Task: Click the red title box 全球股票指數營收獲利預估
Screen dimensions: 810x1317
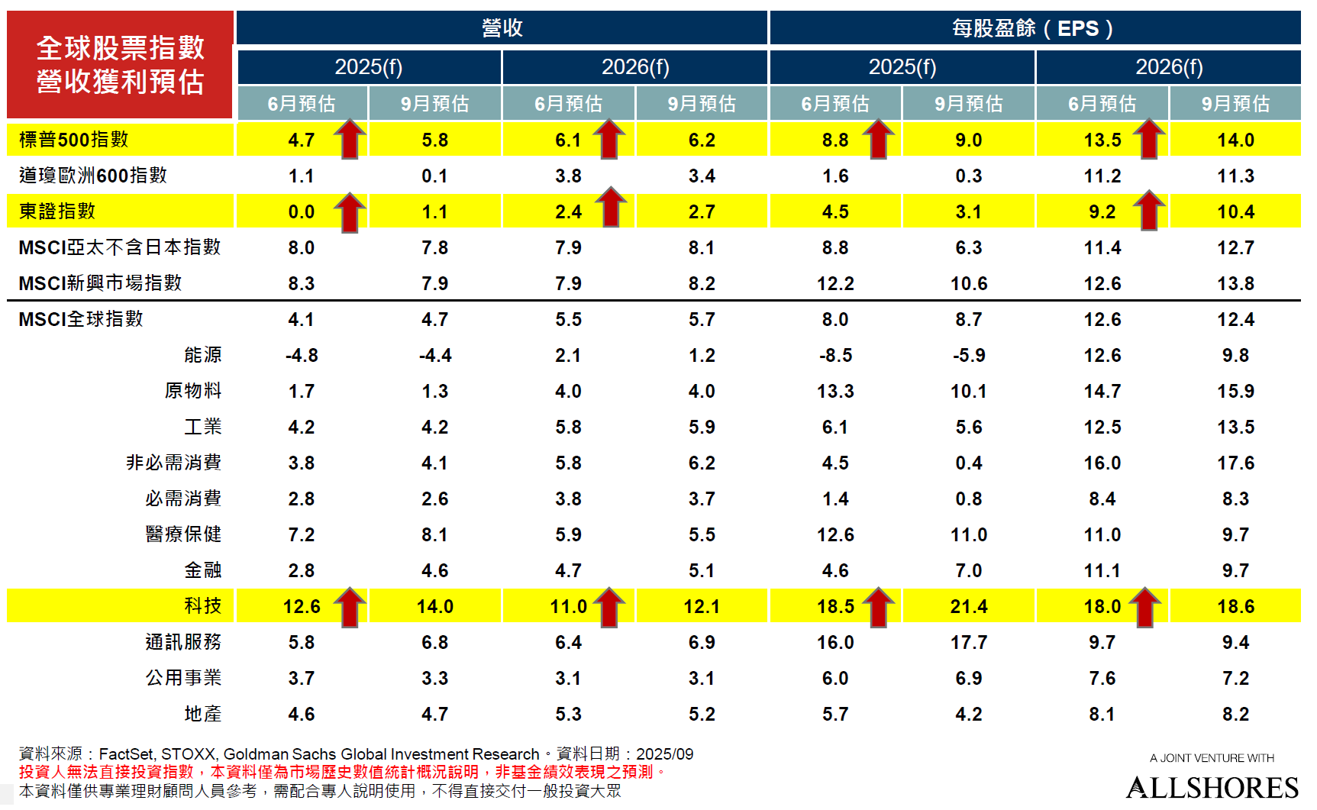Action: pos(120,65)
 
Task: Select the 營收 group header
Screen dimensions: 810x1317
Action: pos(502,28)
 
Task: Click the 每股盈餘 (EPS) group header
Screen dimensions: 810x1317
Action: pos(1034,28)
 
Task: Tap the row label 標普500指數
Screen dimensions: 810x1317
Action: pos(73,140)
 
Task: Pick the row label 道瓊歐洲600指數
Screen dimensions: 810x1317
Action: pos(92,176)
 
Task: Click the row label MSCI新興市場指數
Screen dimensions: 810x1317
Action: pos(100,283)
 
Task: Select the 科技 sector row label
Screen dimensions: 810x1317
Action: pos(202,606)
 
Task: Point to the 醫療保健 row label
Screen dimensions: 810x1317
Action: pos(183,534)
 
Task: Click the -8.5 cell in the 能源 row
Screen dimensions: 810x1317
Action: pos(835,356)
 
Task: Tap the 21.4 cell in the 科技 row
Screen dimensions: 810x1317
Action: pos(968,607)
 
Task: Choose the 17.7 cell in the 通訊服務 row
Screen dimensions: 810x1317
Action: pos(968,643)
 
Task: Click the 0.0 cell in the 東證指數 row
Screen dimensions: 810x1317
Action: pos(301,212)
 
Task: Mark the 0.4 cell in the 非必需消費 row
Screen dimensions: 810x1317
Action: pos(968,463)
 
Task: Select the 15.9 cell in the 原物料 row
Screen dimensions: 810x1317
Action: pos(1235,392)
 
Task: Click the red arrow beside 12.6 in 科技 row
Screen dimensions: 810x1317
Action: pos(350,607)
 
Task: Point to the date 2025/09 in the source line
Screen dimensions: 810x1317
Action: pos(664,754)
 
